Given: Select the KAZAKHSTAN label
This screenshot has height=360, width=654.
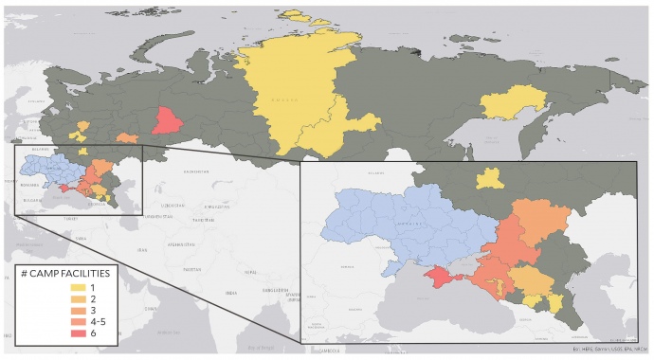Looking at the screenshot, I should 197,171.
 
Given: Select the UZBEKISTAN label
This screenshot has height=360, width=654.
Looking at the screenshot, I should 173,205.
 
